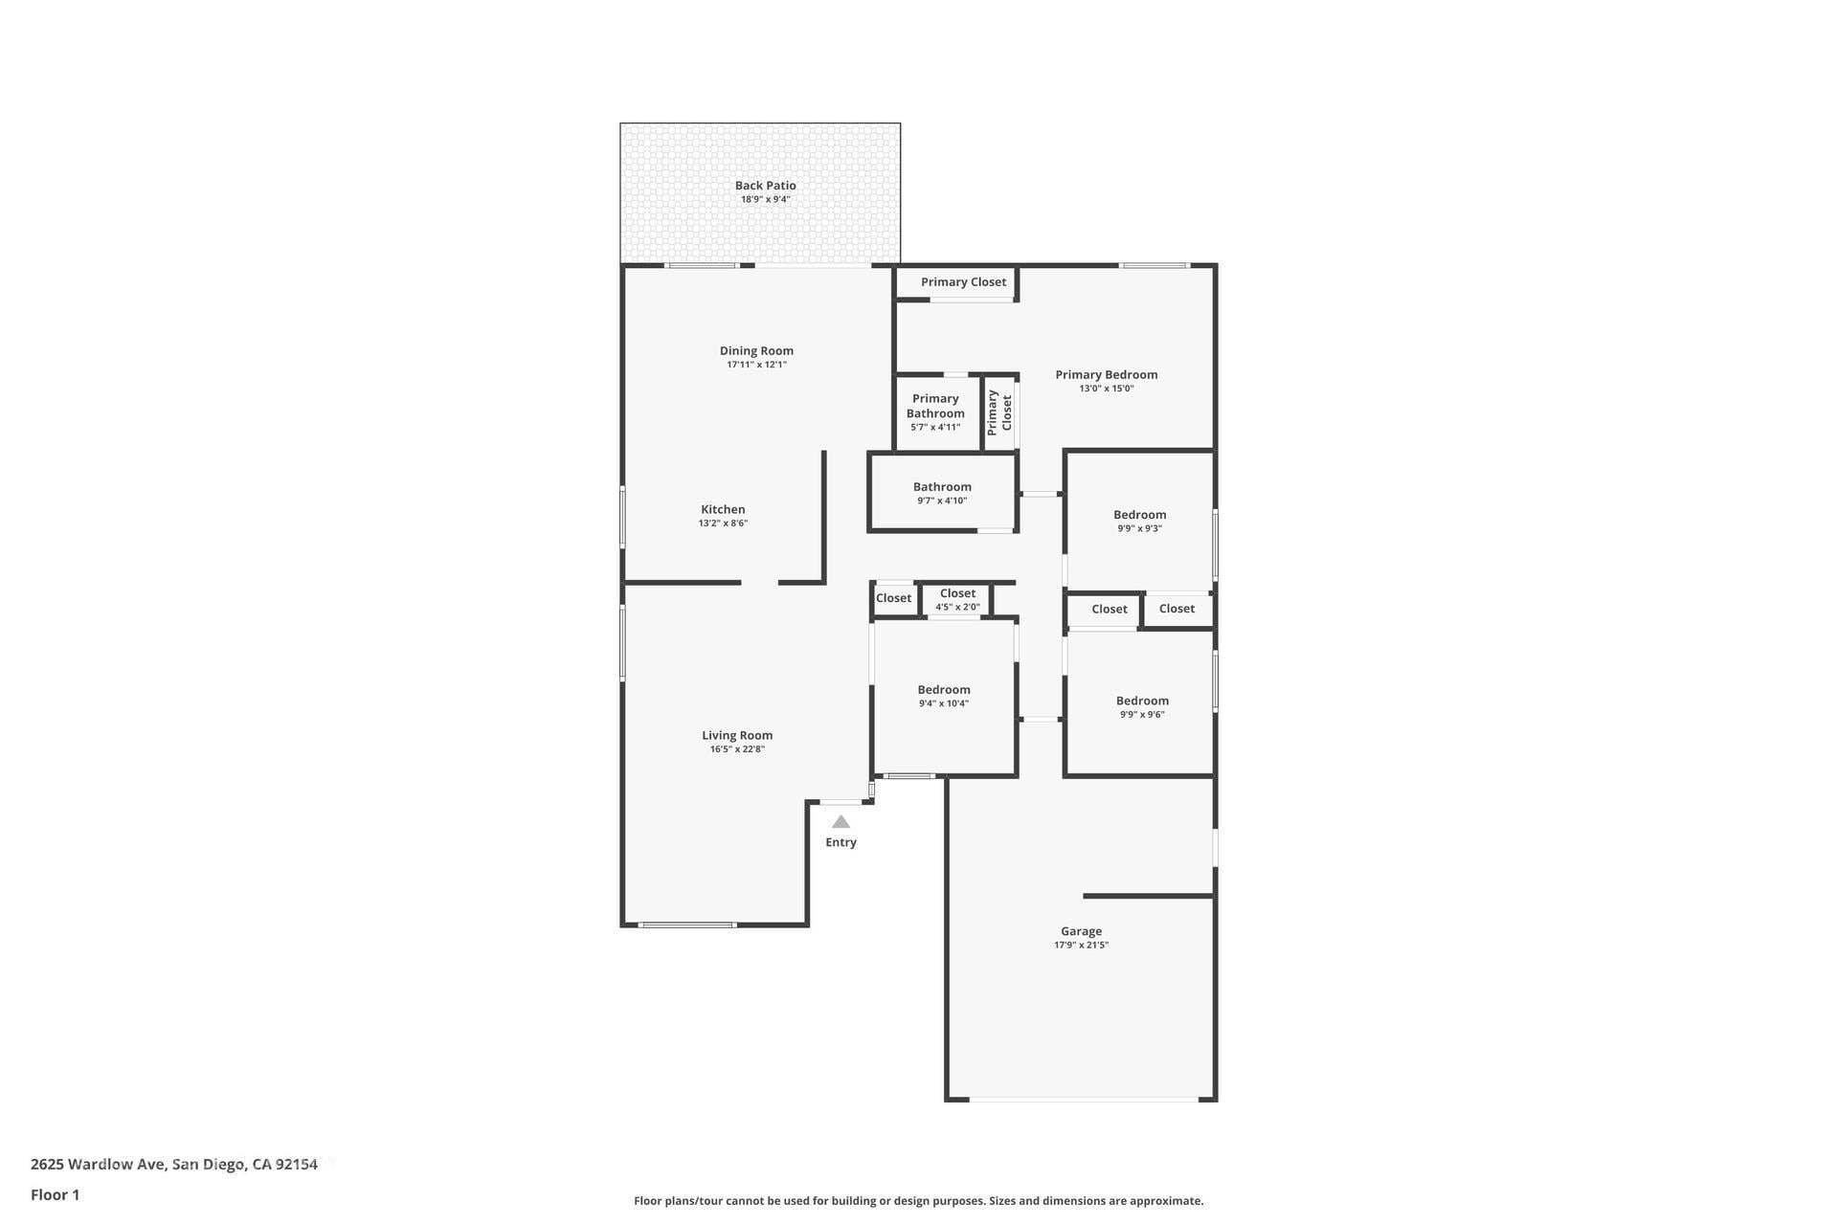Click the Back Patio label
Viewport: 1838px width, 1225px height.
pos(765,186)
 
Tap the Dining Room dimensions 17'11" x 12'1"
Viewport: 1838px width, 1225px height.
pos(756,365)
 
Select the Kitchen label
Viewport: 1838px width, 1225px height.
pos(723,509)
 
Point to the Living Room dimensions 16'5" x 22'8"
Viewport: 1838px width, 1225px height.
pos(737,749)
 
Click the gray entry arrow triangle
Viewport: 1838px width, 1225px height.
pos(841,822)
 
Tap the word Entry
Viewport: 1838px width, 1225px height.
pos(841,842)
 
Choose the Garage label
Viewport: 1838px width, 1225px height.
pos(1081,931)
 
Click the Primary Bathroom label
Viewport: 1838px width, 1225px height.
pos(935,406)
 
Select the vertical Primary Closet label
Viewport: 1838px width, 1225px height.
pos(999,412)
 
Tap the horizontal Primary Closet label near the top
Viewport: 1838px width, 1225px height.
pos(963,282)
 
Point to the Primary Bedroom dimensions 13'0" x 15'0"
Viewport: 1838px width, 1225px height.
pos(1107,389)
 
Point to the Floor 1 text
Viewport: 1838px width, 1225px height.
pos(56,1194)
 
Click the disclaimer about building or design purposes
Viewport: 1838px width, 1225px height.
pos(918,1201)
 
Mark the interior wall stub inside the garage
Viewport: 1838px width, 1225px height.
pos(1149,896)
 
